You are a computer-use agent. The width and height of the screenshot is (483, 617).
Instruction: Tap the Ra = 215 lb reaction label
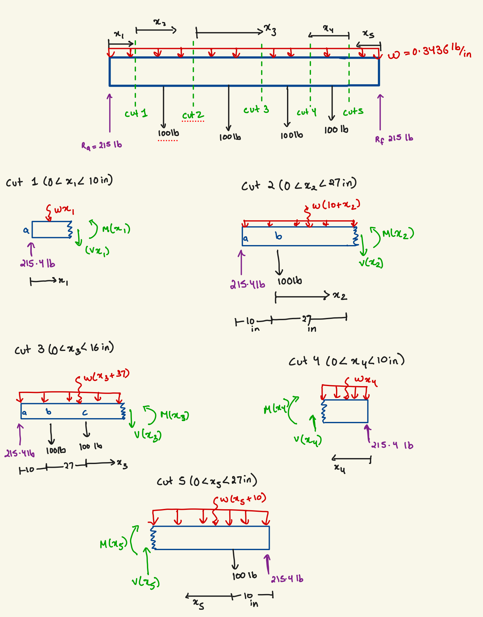[x=101, y=145]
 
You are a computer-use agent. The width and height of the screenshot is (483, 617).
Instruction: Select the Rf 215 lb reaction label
[x=394, y=139]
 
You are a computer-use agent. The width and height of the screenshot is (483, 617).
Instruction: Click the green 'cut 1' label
[x=136, y=113]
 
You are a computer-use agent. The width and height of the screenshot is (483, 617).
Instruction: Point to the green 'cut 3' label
[x=256, y=110]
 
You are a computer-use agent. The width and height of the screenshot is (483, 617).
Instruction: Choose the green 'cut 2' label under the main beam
[x=193, y=115]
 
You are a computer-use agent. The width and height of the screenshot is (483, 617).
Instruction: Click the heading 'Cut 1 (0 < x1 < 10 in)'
[x=59, y=182]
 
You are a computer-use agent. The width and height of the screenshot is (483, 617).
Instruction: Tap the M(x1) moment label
[x=116, y=229]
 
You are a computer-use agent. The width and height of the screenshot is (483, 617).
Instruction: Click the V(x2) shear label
[x=371, y=263]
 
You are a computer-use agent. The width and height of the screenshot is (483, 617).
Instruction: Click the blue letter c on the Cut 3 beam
[x=85, y=413]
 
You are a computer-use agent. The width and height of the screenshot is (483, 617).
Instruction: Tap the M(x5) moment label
[x=113, y=543]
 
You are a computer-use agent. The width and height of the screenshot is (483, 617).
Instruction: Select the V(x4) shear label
[x=308, y=440]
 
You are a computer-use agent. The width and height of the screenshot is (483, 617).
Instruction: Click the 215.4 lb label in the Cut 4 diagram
[x=392, y=445]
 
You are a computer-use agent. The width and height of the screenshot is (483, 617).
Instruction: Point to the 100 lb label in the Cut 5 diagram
[x=244, y=576]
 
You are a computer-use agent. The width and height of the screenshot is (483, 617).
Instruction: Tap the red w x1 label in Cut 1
[x=64, y=210]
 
